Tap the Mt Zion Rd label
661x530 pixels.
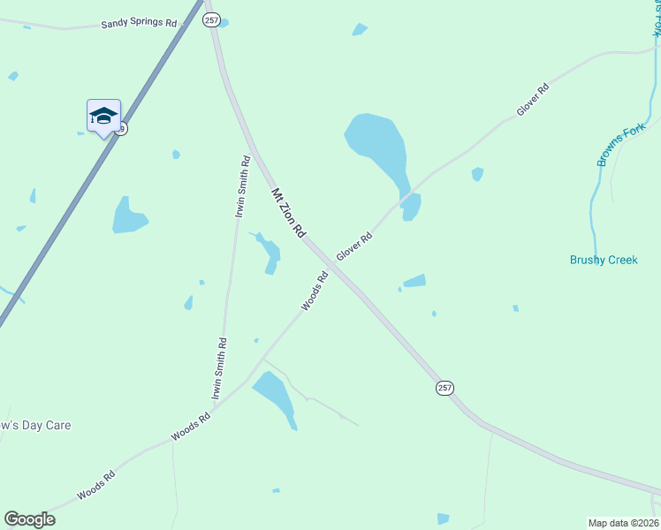tap(288, 213)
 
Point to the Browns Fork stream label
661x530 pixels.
tap(621, 143)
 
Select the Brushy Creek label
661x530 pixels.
tap(604, 261)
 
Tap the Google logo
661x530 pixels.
tap(29, 519)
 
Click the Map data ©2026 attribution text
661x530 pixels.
tap(624, 523)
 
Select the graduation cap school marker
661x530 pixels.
tap(103, 116)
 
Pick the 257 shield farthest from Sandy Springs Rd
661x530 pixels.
tap(444, 388)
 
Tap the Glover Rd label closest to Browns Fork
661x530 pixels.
tap(533, 100)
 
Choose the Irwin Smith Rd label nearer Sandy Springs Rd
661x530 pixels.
tap(242, 185)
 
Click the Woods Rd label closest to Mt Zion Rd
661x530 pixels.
tap(315, 291)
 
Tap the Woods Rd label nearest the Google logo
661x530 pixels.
tap(95, 485)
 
